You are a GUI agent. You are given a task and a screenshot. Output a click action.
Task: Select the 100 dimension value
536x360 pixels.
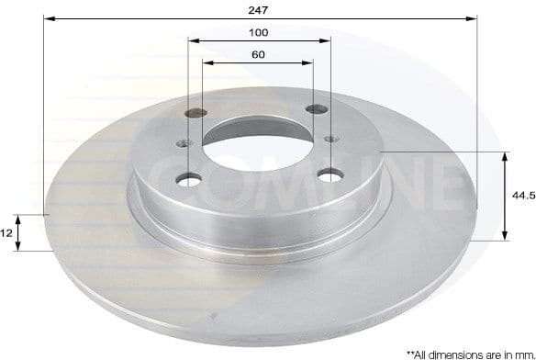click(x=259, y=32)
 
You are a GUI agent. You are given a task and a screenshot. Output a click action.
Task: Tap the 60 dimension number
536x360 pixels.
click(x=258, y=55)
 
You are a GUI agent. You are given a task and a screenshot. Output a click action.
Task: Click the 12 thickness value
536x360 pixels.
click(x=6, y=233)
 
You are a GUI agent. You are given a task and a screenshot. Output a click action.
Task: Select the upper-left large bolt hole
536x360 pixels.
click(x=195, y=115)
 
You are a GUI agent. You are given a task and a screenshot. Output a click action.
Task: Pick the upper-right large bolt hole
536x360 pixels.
click(x=317, y=109)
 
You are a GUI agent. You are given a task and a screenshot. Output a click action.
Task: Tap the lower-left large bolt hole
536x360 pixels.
click(x=190, y=179)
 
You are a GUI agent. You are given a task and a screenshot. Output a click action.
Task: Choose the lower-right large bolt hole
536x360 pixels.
click(x=329, y=174)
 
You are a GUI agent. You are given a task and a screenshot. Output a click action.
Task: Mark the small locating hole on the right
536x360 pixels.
click(x=331, y=138)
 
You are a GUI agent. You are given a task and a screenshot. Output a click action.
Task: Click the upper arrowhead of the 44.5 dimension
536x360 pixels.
click(x=505, y=157)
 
